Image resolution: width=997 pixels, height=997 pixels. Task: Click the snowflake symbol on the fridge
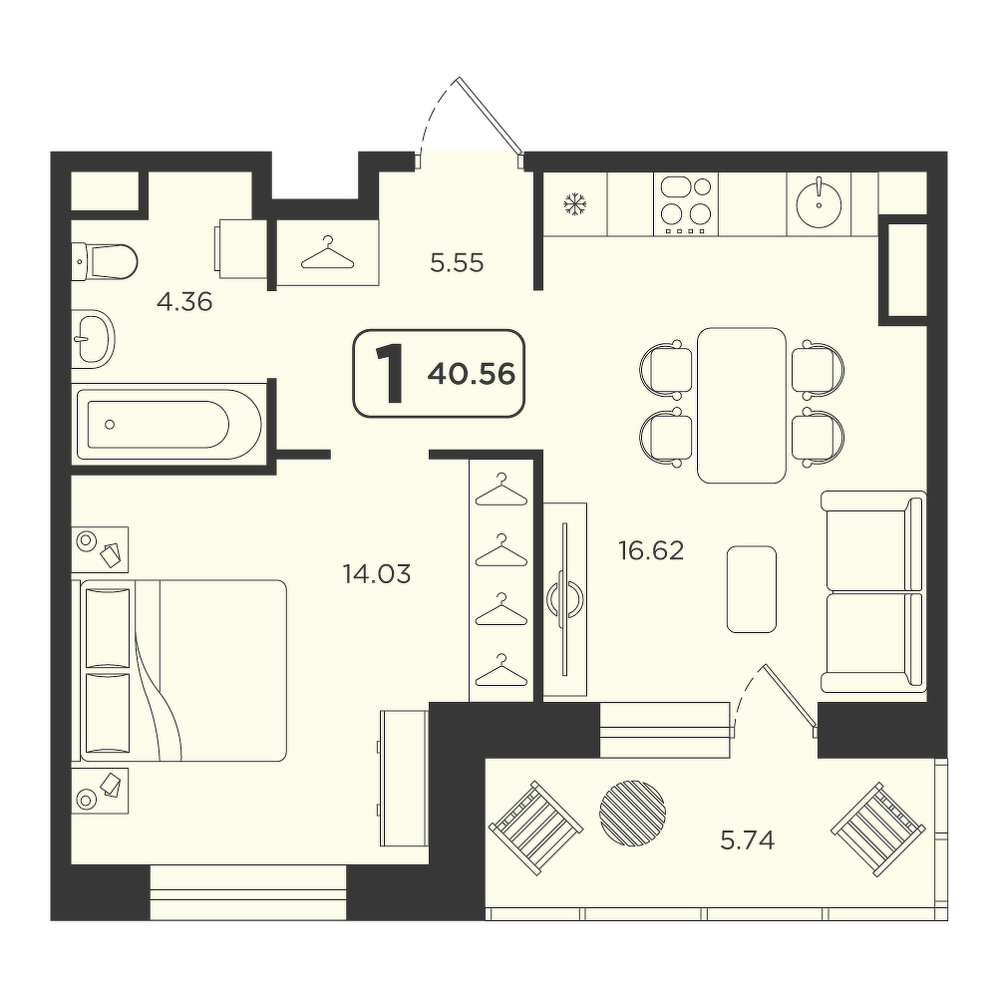click(x=575, y=204)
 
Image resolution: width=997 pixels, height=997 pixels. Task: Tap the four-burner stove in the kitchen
click(x=686, y=204)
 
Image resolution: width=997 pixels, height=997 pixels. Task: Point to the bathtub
click(x=168, y=424)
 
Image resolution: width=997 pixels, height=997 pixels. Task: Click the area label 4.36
click(x=184, y=302)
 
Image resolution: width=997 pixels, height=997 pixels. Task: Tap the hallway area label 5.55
click(x=458, y=262)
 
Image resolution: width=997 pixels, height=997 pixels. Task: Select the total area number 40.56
click(x=472, y=374)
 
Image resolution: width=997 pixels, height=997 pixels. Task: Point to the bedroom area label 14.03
click(x=377, y=574)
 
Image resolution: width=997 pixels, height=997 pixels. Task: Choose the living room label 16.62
click(x=651, y=550)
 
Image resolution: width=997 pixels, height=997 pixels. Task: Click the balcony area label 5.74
click(x=747, y=840)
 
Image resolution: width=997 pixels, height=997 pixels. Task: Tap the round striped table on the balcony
click(x=633, y=812)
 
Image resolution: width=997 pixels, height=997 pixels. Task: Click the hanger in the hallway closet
click(x=328, y=252)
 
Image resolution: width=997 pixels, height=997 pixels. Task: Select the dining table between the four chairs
click(x=742, y=405)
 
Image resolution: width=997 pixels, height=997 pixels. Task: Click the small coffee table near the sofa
click(x=752, y=589)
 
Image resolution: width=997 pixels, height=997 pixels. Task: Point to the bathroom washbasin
click(x=93, y=339)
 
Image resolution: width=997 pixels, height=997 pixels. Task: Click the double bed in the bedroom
click(x=183, y=671)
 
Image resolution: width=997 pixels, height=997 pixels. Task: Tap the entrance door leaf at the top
click(x=491, y=117)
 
